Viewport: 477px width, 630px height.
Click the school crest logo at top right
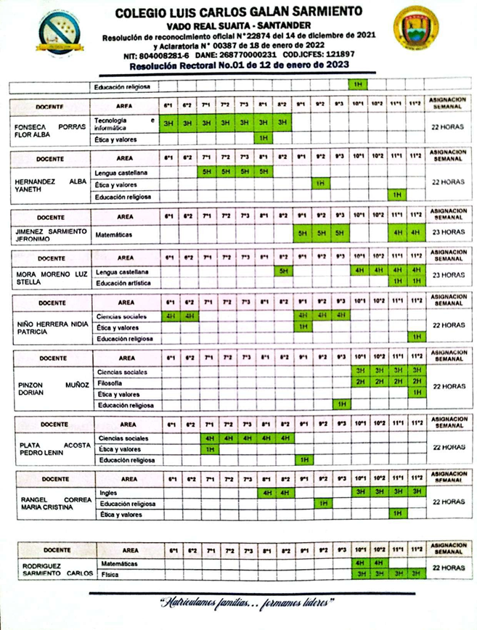tap(416, 28)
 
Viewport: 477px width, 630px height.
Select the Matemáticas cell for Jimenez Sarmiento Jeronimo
tap(118, 233)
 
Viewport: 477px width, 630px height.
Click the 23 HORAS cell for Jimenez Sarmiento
tap(448, 233)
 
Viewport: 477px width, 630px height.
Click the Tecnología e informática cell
tap(124, 123)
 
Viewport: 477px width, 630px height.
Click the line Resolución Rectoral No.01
tap(239, 65)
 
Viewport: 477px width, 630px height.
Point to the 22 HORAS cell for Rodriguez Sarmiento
tap(448, 568)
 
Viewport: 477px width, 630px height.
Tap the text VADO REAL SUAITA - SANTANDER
tap(239, 24)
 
